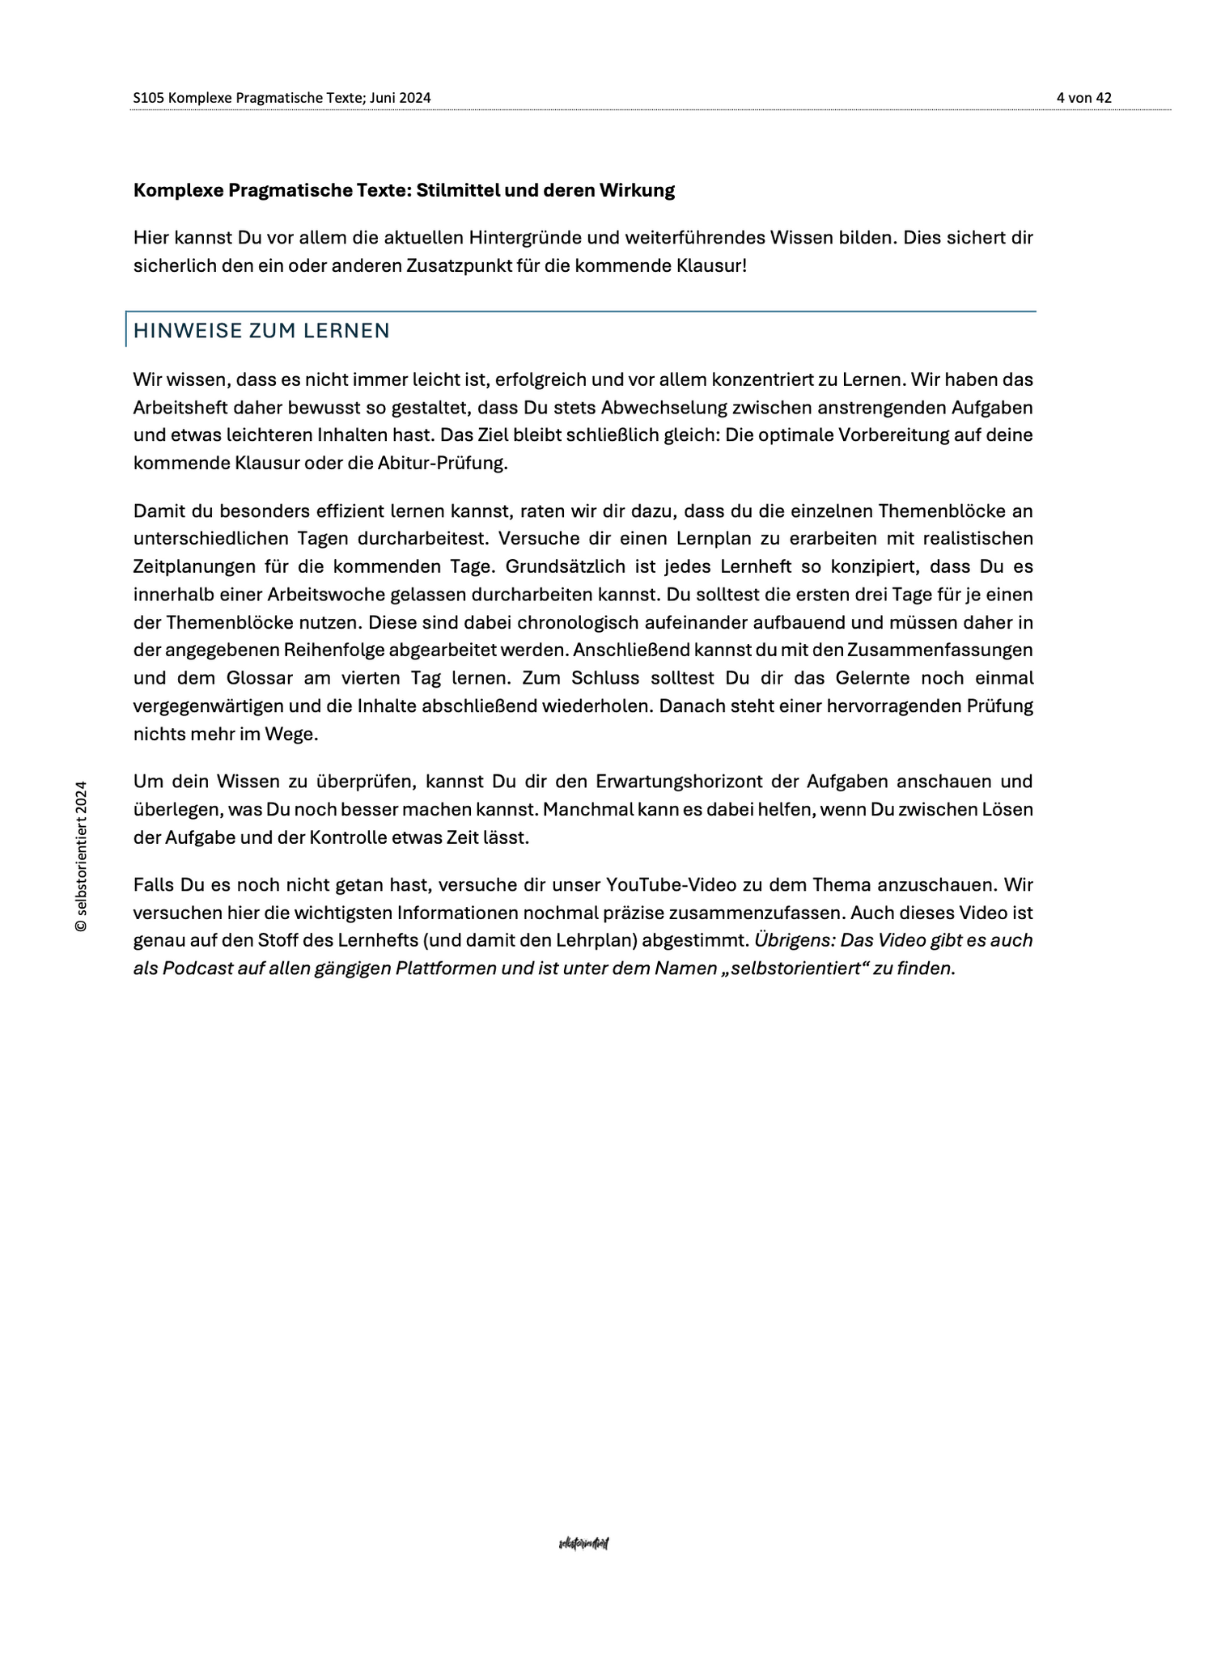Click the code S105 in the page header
(149, 98)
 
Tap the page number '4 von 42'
(1083, 98)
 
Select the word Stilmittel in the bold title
(460, 191)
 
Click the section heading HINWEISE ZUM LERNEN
(261, 331)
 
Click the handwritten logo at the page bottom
(583, 1544)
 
